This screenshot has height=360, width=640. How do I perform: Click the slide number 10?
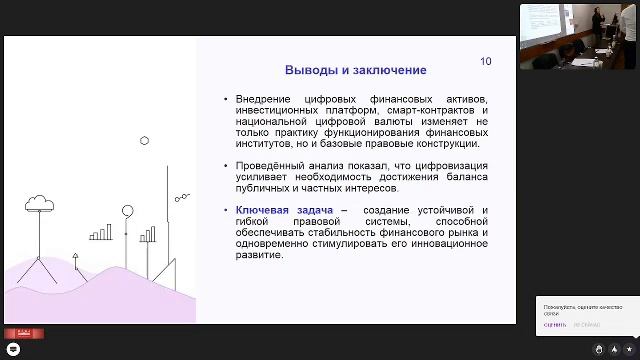[x=486, y=62]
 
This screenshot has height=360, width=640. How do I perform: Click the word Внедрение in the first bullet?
[x=262, y=99]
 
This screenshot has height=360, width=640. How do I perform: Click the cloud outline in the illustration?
[x=40, y=203]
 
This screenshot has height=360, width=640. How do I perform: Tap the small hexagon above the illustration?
[x=145, y=141]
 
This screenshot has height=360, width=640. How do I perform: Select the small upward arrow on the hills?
[x=74, y=257]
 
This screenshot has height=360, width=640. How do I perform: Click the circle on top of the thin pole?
[x=127, y=210]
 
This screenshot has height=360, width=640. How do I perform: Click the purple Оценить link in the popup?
[x=554, y=324]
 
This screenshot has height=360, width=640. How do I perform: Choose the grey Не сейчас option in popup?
[x=586, y=324]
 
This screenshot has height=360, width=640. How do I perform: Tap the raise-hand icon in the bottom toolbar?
[x=599, y=349]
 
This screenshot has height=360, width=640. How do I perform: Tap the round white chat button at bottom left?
[x=14, y=349]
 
